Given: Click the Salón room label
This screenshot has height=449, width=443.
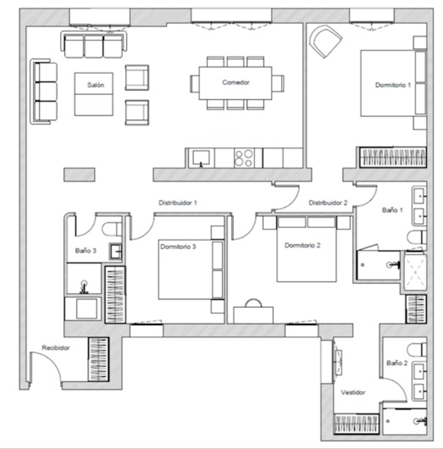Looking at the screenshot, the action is (x=96, y=85).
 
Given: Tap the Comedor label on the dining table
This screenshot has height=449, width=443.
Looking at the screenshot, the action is (x=236, y=82).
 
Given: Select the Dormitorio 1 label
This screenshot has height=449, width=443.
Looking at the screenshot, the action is (x=393, y=85).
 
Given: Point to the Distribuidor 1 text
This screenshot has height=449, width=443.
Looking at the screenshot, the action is (x=178, y=203).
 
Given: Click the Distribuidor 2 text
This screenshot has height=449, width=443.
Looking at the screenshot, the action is (x=328, y=203).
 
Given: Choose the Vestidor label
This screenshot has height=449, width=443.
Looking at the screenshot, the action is (x=353, y=392).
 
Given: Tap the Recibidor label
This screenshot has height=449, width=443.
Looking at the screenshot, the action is (x=56, y=348).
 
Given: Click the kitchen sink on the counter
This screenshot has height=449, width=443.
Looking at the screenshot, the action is (x=201, y=158).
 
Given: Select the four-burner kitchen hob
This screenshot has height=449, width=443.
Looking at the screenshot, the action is (x=244, y=158).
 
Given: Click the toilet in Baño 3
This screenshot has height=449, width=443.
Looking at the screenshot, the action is (x=112, y=229).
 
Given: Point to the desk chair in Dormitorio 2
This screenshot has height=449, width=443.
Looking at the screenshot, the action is (x=253, y=303).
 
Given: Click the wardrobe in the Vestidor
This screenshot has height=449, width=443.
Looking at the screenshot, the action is (x=356, y=424).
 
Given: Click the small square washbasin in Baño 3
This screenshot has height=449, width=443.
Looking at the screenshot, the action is (x=115, y=251).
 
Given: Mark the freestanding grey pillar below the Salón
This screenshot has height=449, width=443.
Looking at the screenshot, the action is (x=79, y=175).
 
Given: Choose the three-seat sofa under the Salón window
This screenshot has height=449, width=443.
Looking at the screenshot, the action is (x=94, y=45).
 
